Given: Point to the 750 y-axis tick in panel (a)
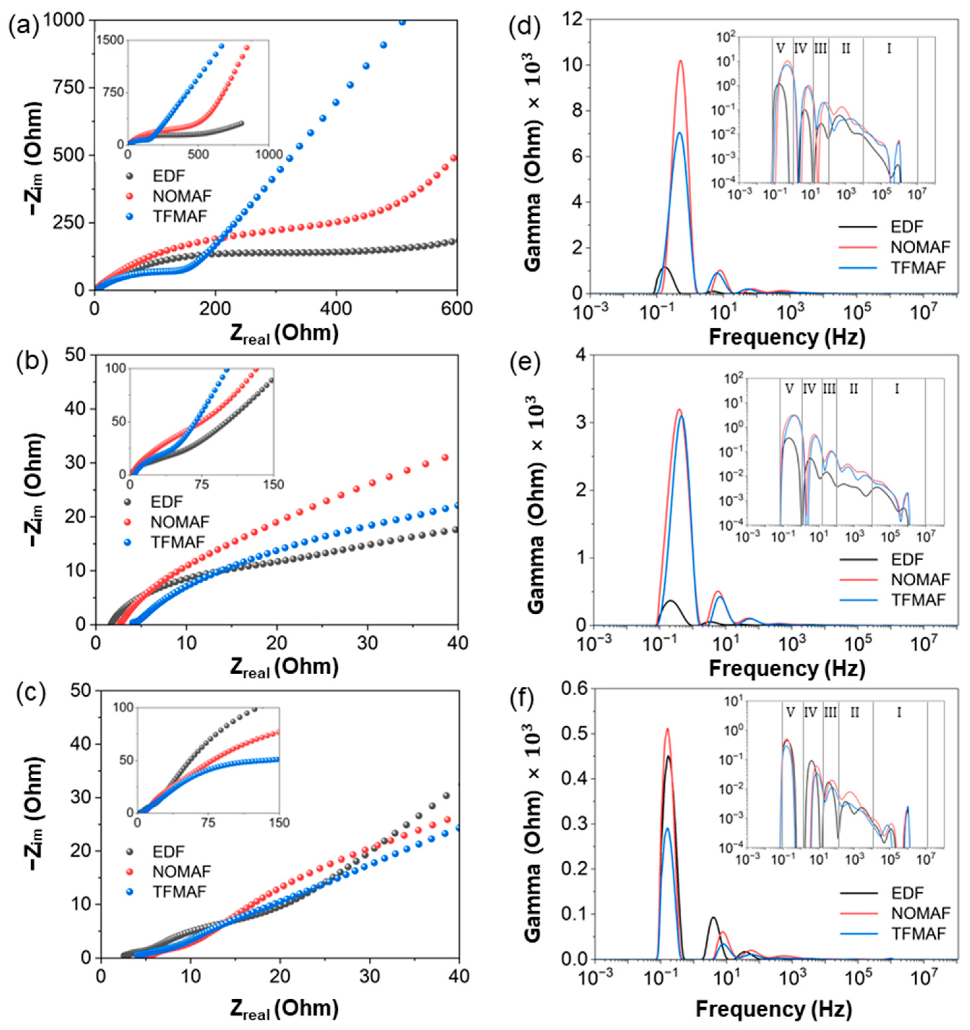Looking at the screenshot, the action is coord(70,88).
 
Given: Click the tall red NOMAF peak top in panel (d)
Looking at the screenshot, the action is coord(680,61).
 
